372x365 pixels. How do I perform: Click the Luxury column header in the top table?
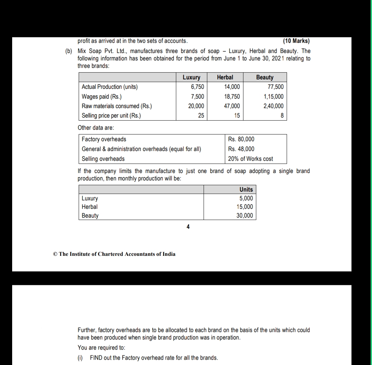click(x=191, y=77)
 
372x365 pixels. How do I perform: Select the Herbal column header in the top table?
click(x=225, y=77)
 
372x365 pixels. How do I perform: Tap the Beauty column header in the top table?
click(x=265, y=77)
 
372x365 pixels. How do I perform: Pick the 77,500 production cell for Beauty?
click(x=275, y=87)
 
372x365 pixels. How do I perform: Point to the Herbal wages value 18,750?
click(x=232, y=96)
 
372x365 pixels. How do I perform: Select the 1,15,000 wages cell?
click(x=273, y=96)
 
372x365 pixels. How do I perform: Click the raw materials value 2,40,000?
click(x=273, y=106)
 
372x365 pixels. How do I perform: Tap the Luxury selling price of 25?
click(x=201, y=116)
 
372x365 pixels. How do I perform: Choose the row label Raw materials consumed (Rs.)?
click(x=117, y=106)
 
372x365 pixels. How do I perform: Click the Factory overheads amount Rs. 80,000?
click(x=241, y=139)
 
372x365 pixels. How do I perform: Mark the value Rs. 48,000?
click(x=241, y=149)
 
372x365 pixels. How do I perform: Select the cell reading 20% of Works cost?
click(x=250, y=159)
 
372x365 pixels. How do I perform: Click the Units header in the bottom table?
click(x=246, y=190)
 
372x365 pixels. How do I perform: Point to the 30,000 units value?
click(x=244, y=216)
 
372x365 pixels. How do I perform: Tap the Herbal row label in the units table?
click(x=89, y=207)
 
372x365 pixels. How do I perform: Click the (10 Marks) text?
click(x=296, y=41)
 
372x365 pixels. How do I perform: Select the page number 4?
click(x=188, y=227)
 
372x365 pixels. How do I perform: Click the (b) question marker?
click(x=69, y=51)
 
